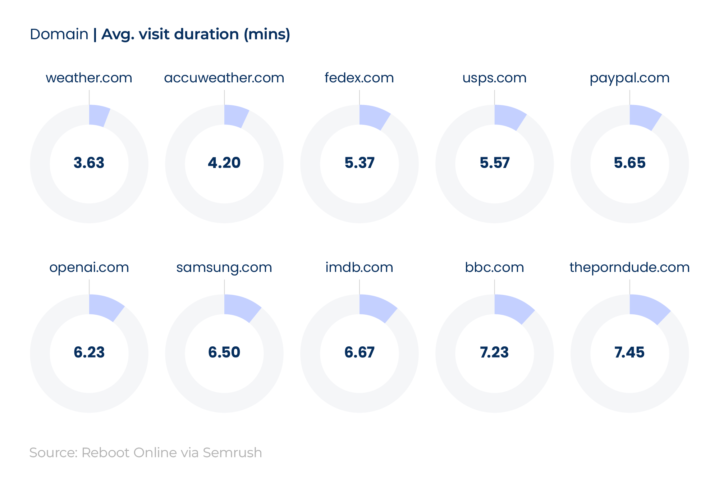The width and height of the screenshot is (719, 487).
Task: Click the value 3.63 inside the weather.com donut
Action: (89, 163)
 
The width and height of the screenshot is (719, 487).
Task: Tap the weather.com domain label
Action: (89, 78)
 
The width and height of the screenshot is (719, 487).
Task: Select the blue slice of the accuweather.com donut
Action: (235, 116)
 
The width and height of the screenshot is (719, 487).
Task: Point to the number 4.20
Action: (224, 163)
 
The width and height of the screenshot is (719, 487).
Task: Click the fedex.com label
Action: (359, 78)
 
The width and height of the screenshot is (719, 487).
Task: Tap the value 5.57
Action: (495, 163)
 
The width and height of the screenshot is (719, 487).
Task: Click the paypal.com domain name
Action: (629, 78)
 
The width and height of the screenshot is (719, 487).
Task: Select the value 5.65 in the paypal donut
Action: (629, 163)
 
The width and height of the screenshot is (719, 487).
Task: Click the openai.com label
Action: (89, 268)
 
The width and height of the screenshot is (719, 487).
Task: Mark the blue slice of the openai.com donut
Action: (105, 307)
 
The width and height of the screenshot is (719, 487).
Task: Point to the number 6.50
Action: (224, 352)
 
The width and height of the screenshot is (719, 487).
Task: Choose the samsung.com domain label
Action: (224, 268)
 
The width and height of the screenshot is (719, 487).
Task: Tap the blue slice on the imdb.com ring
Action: (376, 308)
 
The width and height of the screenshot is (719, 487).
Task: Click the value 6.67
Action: (359, 352)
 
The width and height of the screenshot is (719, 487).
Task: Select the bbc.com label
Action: (494, 268)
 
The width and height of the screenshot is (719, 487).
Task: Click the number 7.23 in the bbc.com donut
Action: (494, 352)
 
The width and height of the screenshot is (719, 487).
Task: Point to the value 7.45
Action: (629, 352)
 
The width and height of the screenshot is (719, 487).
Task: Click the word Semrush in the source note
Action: (232, 453)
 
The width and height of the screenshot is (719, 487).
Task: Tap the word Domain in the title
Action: (59, 35)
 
